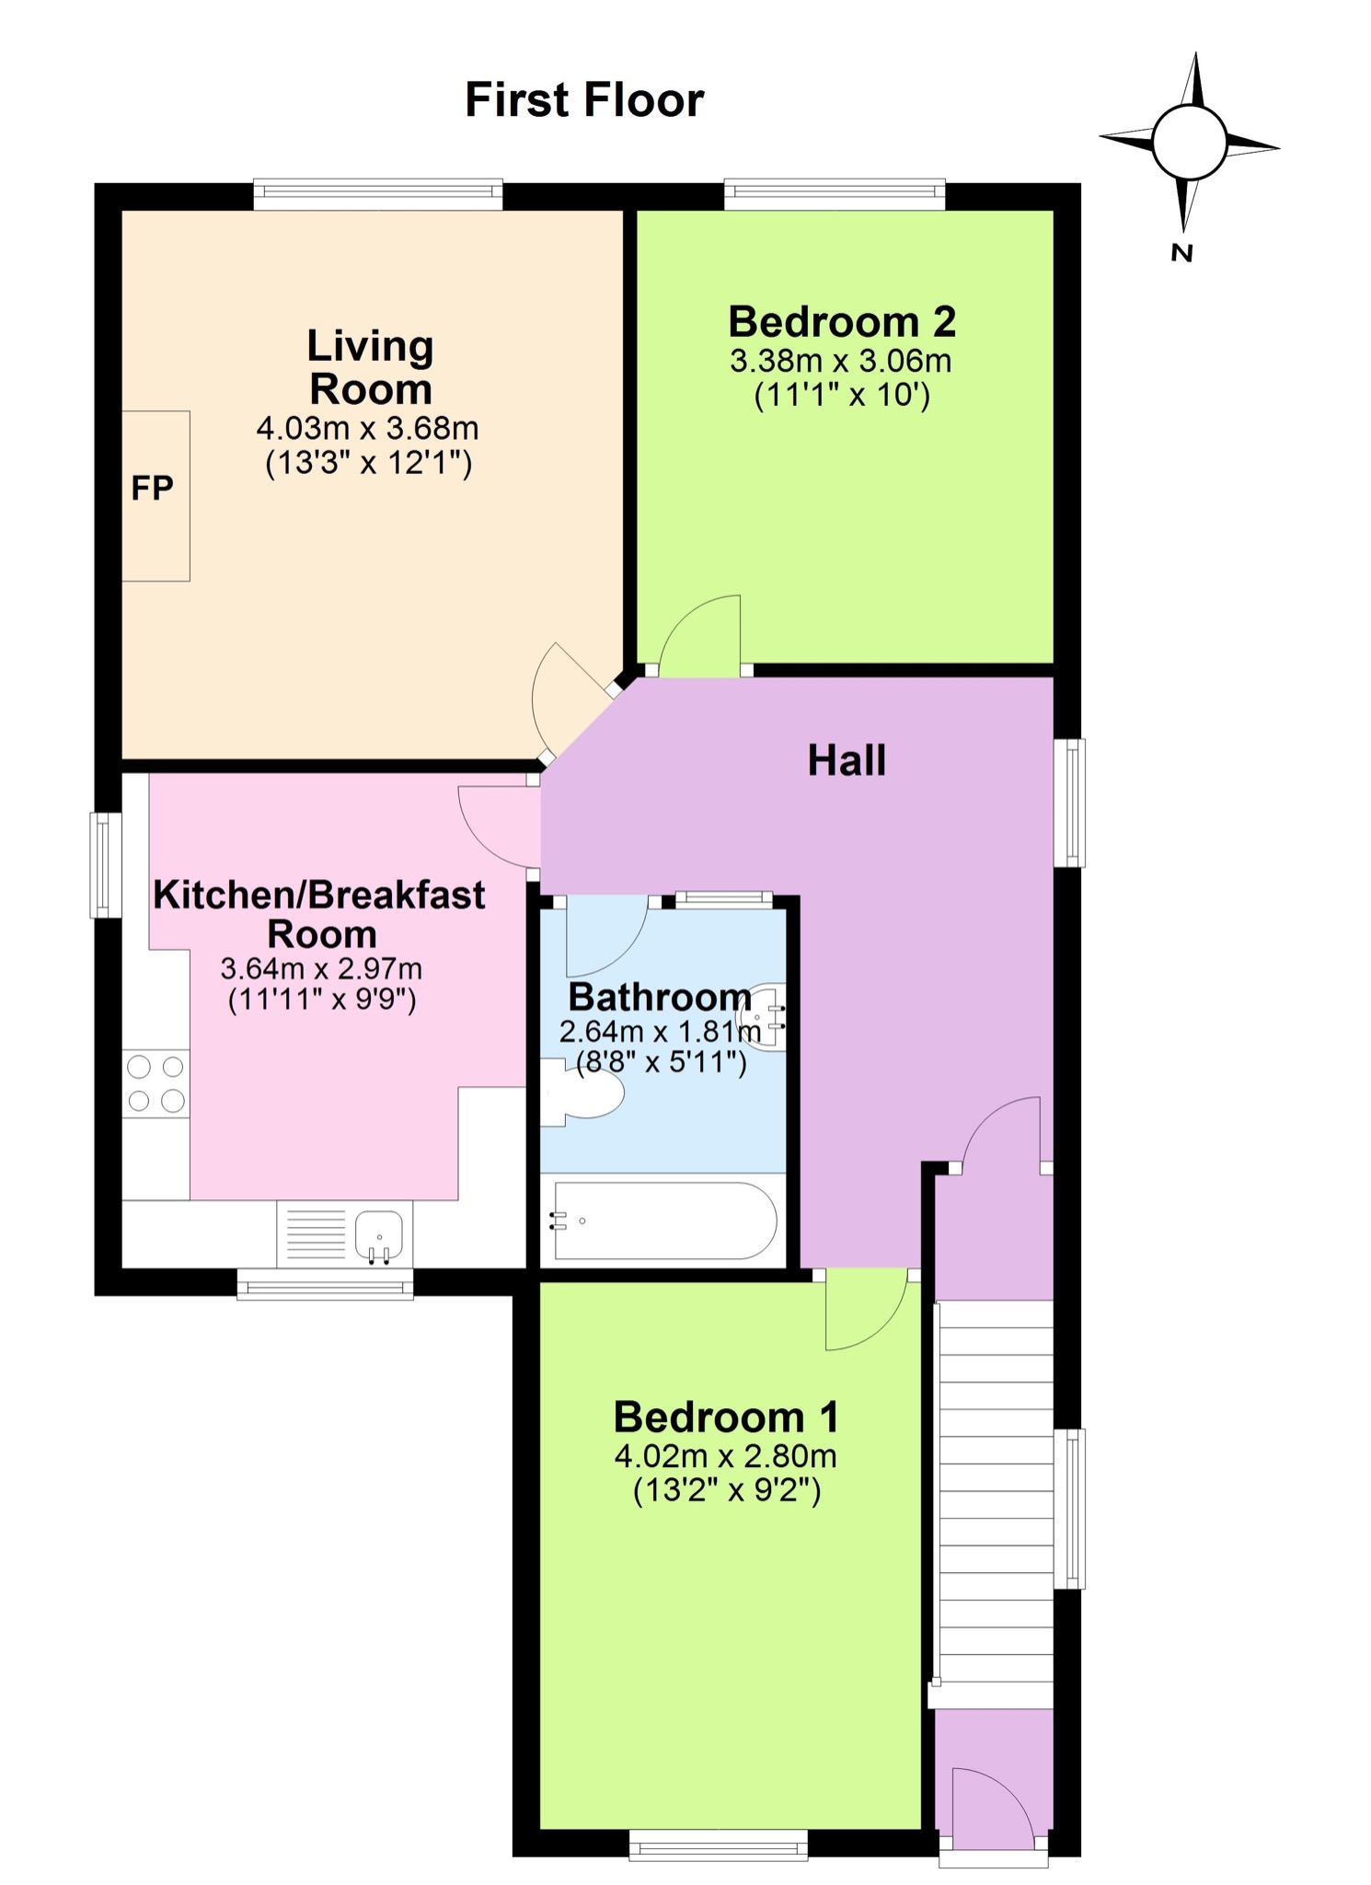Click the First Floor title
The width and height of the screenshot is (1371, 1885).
(584, 99)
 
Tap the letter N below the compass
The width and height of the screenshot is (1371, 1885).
(1182, 252)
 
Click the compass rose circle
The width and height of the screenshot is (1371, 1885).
(1189, 143)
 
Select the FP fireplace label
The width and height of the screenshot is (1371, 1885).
(152, 489)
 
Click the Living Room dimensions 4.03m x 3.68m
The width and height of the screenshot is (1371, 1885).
(367, 428)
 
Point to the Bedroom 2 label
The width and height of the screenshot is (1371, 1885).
(842, 322)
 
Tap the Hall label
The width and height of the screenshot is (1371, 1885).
(847, 761)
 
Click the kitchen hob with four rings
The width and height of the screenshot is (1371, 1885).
(156, 1083)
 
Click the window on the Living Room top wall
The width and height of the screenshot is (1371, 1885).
(378, 193)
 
